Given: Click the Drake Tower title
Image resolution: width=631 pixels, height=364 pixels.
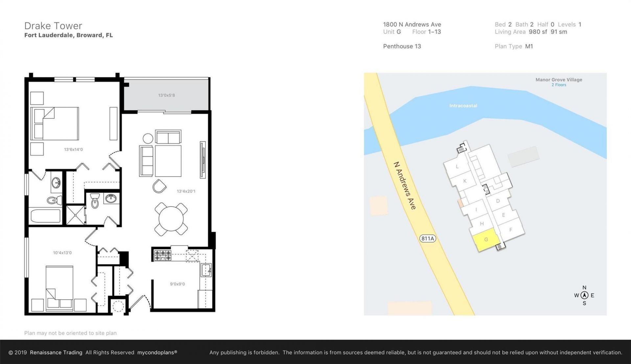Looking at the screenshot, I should [x=53, y=26].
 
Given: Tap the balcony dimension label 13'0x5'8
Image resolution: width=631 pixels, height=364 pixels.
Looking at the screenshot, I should [x=167, y=95].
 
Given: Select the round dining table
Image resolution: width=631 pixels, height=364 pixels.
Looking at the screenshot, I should [x=171, y=219].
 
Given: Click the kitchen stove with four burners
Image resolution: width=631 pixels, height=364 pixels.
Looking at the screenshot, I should [x=163, y=255].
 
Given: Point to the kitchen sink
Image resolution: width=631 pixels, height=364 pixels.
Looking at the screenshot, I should [x=206, y=270].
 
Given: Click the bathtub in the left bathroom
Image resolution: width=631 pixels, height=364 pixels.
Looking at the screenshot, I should [x=46, y=216].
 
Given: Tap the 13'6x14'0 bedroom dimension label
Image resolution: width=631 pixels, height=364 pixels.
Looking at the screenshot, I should [x=73, y=150].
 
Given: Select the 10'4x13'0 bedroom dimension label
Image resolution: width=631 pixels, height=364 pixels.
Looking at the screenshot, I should [x=62, y=253].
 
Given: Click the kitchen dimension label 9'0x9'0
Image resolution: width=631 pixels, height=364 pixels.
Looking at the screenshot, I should [x=177, y=284].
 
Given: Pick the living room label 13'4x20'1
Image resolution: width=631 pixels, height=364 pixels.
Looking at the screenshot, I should [x=186, y=191].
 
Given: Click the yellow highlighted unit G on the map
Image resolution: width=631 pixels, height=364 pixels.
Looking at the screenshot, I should [x=486, y=240].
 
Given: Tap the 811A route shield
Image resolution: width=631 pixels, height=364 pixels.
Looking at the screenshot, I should [x=428, y=238].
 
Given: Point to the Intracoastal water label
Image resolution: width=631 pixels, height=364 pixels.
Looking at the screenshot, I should [x=463, y=106].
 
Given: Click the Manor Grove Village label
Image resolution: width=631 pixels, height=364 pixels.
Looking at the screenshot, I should [x=559, y=80].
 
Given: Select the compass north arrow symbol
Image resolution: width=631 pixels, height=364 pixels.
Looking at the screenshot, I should [x=584, y=295].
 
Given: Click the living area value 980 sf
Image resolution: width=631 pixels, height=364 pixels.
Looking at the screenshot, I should [x=538, y=32].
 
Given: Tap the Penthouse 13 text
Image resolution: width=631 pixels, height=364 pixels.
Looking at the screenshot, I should [x=402, y=46].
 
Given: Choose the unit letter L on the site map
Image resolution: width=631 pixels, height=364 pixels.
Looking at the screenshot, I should [x=457, y=166].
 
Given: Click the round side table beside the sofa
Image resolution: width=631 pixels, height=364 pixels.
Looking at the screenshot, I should [x=148, y=138].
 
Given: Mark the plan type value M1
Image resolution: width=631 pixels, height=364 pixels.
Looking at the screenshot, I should [x=529, y=46].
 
